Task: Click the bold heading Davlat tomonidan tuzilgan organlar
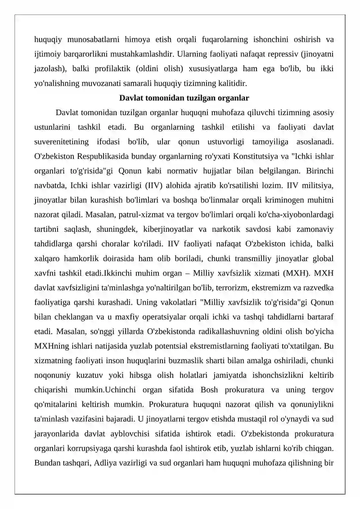[x=184, y=98]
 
